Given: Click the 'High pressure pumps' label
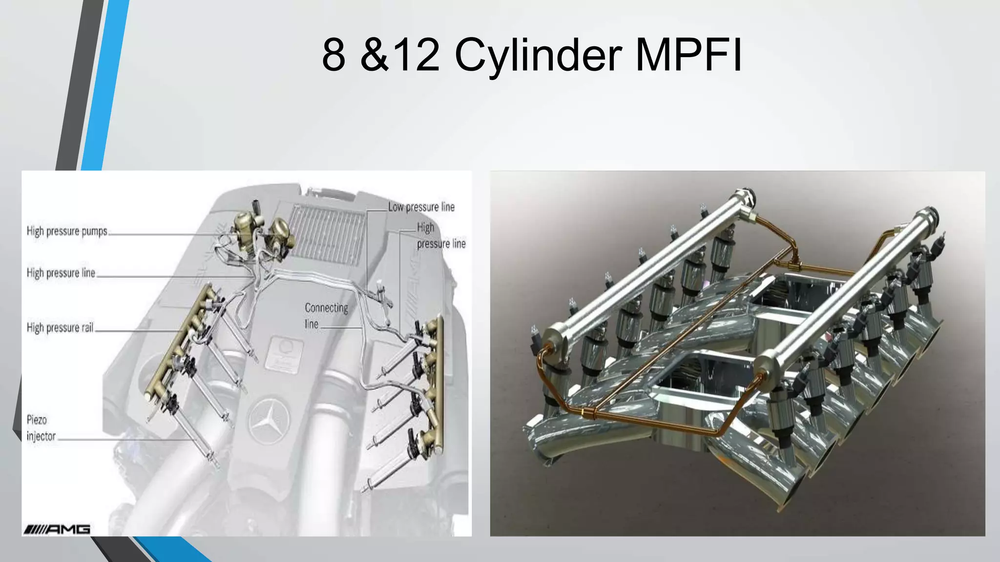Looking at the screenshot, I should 67,231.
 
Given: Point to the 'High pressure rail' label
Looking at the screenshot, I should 60,327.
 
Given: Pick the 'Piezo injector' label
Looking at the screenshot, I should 41,428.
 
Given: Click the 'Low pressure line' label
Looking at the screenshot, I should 421,207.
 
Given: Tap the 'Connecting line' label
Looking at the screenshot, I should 326,316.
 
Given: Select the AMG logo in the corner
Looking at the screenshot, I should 57,529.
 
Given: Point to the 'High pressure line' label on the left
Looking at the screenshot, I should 61,273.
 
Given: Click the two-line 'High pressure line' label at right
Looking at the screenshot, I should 440,235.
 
